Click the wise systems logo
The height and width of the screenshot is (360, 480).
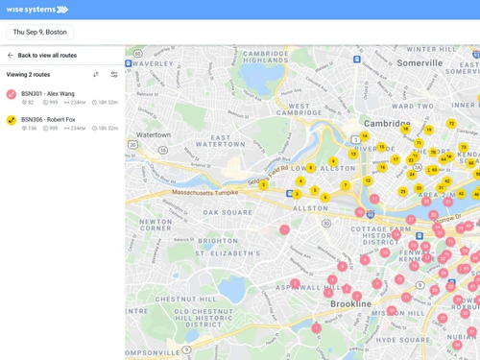(x=37, y=10)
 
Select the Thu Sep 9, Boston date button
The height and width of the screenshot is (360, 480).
(x=40, y=32)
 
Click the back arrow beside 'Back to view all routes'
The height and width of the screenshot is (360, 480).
(x=11, y=56)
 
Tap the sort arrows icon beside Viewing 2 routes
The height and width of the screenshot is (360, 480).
(x=96, y=74)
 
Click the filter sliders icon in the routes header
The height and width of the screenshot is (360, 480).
(x=114, y=74)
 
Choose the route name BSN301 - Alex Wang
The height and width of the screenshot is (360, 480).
(x=48, y=93)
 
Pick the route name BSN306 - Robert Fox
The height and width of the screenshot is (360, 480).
(x=49, y=119)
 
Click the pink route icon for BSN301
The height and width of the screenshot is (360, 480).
(x=12, y=94)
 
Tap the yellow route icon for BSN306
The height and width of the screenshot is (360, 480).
(x=12, y=120)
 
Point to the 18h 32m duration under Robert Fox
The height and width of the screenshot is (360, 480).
(x=106, y=128)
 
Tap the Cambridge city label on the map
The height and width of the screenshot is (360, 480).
(x=387, y=123)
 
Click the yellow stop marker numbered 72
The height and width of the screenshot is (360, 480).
(x=451, y=124)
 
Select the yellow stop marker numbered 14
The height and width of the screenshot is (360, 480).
(x=364, y=136)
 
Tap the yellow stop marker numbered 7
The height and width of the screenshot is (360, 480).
(x=346, y=185)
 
